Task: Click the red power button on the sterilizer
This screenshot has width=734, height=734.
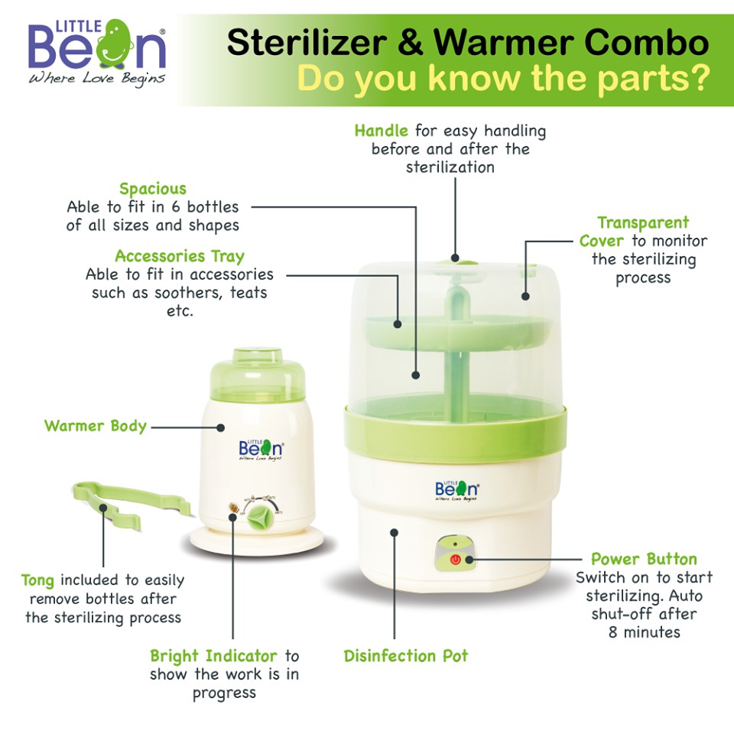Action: point(456,560)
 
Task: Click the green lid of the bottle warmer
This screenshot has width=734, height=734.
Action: point(257,375)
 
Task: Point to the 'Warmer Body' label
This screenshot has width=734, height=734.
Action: point(96,426)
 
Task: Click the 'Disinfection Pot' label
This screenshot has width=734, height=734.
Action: point(406,656)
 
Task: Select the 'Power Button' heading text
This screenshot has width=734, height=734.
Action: point(644,559)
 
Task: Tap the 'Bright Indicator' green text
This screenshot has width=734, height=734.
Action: point(213,656)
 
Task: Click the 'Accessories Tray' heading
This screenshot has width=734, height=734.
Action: point(180,256)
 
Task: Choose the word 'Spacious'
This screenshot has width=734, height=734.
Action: point(153,189)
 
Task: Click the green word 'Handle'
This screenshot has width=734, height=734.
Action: point(381,131)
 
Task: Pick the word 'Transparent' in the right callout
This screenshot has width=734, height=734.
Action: point(643,222)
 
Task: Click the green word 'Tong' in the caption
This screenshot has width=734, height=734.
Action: point(37,580)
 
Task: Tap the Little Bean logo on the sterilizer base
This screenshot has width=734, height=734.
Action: point(456,489)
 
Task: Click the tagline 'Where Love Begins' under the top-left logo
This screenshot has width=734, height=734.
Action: point(96,80)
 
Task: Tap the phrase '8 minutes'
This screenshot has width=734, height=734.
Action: point(644,632)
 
